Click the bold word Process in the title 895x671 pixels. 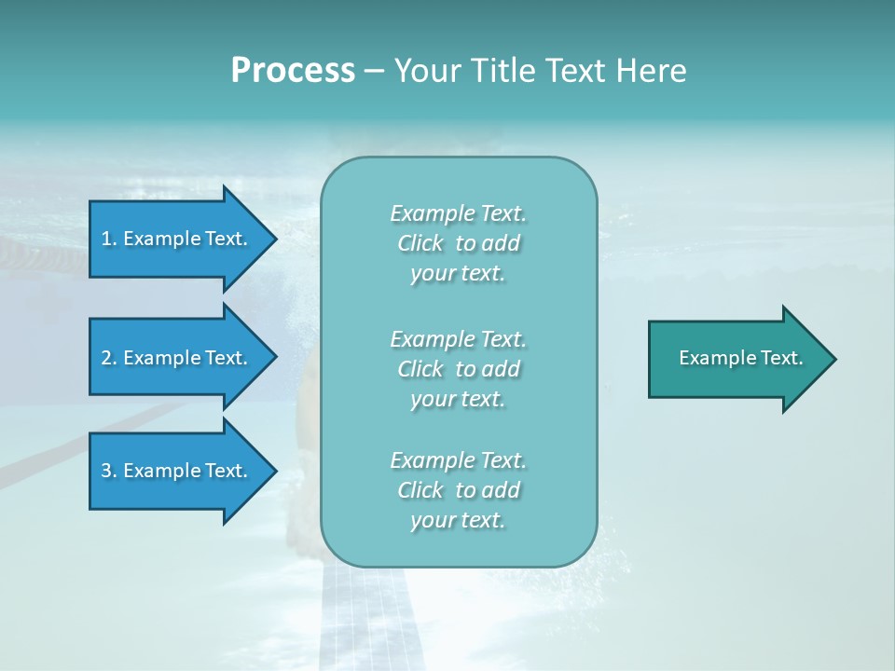click(293, 71)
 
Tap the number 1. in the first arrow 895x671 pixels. click(109, 239)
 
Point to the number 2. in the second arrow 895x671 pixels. click(109, 358)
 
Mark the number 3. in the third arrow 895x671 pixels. click(109, 471)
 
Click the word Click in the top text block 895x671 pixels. click(420, 244)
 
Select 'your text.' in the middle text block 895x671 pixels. click(458, 399)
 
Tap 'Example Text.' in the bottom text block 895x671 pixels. click(458, 460)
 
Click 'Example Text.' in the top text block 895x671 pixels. click(458, 213)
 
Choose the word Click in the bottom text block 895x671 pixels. click(420, 490)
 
